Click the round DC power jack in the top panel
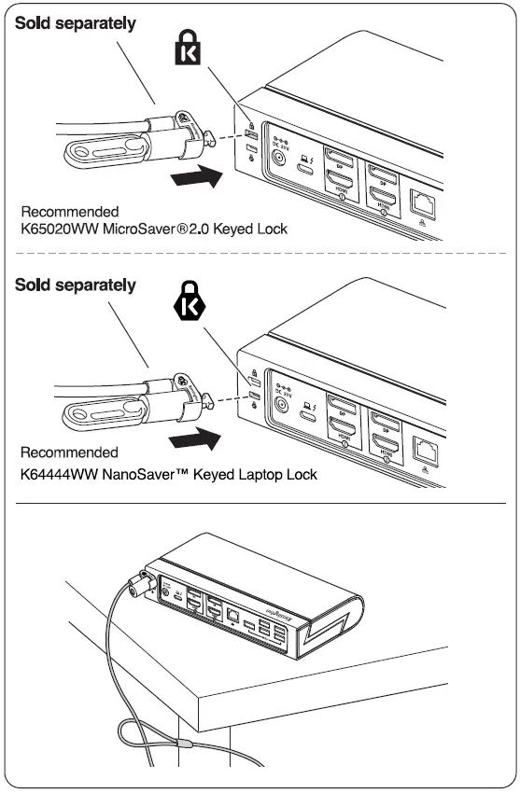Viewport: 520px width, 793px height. (278, 160)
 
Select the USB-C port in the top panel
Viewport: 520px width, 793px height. (304, 169)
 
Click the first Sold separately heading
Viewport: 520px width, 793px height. (76, 23)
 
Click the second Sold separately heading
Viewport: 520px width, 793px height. (76, 285)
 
